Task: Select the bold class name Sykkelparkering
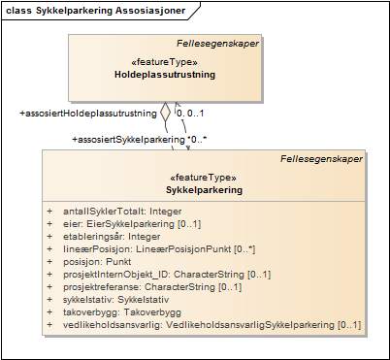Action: click(x=204, y=190)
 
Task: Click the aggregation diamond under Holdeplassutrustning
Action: click(x=166, y=110)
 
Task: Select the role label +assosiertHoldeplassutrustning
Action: click(x=88, y=114)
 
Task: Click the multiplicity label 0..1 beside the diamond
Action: click(x=189, y=114)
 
